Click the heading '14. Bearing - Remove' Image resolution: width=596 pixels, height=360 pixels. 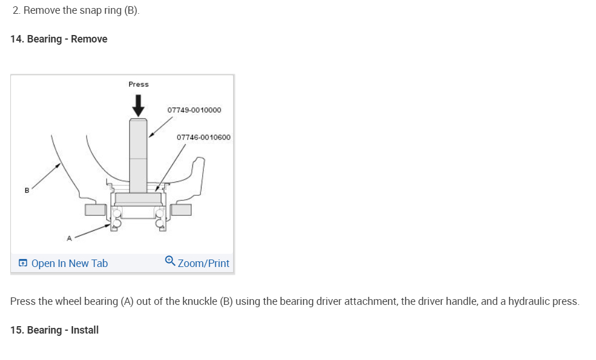pyautogui.click(x=59, y=39)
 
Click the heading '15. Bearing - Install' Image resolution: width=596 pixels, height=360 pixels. pyautogui.click(x=55, y=330)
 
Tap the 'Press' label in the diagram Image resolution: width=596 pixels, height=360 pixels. pyautogui.click(x=138, y=84)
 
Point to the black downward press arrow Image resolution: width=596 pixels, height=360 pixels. pyautogui.click(x=138, y=104)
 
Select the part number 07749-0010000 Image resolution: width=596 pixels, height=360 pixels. pyautogui.click(x=194, y=110)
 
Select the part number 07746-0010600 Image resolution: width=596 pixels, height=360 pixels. pyautogui.click(x=203, y=137)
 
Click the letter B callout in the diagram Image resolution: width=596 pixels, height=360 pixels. pyautogui.click(x=26, y=191)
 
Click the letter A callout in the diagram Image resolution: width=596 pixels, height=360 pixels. pyautogui.click(x=69, y=238)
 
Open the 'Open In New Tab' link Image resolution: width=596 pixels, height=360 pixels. pyautogui.click(x=69, y=264)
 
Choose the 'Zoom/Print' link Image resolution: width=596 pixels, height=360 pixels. pyautogui.click(x=203, y=264)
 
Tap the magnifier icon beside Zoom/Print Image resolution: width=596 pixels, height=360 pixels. pyautogui.click(x=170, y=261)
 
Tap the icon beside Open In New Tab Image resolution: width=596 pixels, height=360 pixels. pyautogui.click(x=22, y=264)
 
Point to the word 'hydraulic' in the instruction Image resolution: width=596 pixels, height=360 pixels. pyautogui.click(x=522, y=301)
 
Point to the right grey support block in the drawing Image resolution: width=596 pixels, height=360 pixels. pyautogui.click(x=181, y=210)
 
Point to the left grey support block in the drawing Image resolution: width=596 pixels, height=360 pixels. pyautogui.click(x=94, y=210)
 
